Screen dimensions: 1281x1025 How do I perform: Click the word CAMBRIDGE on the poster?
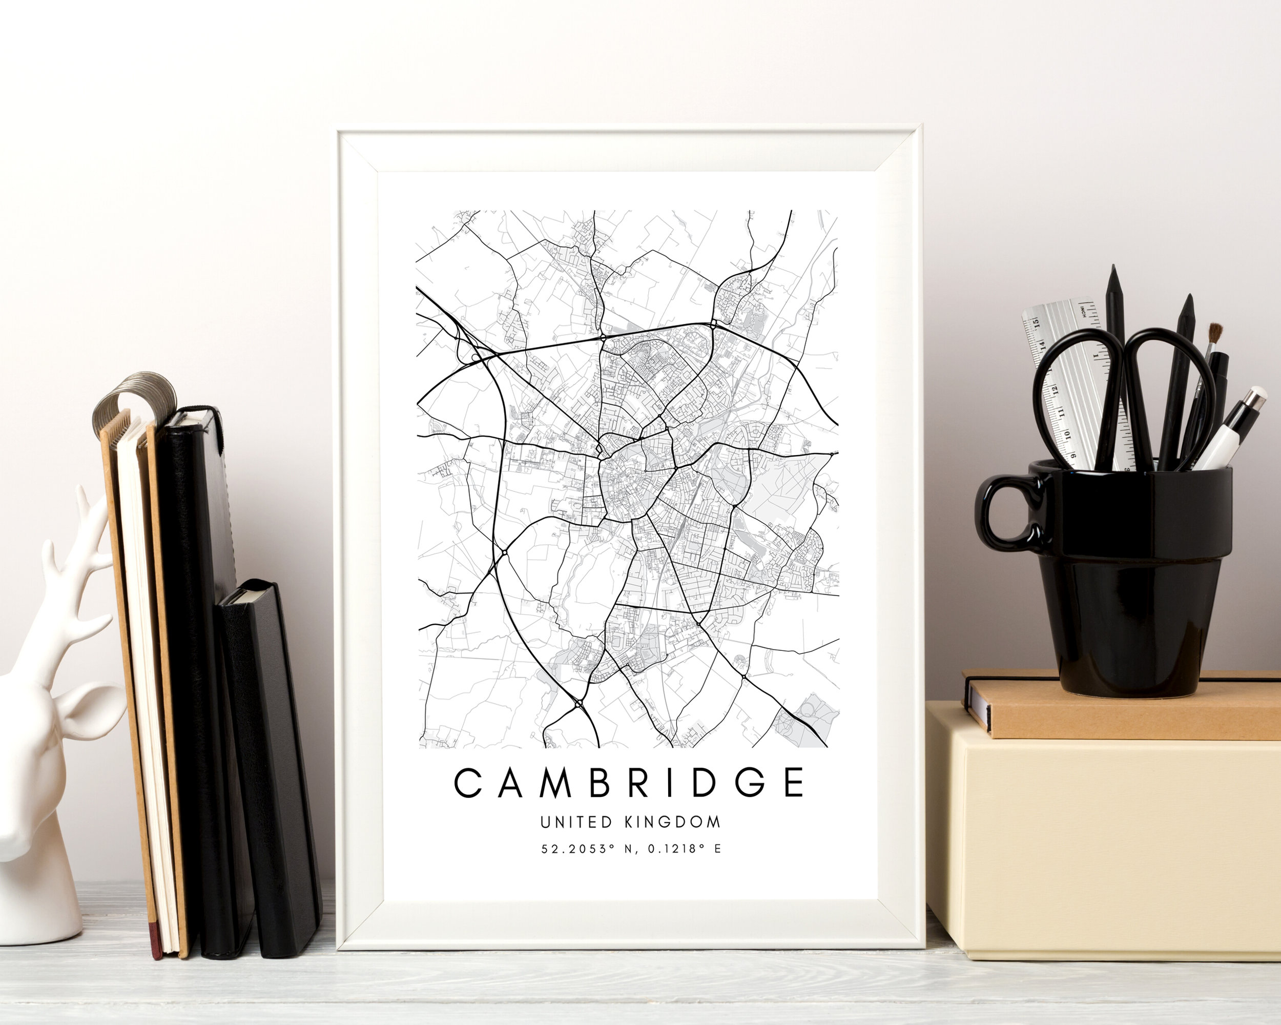(x=629, y=783)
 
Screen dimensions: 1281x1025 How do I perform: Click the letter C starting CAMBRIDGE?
(x=468, y=783)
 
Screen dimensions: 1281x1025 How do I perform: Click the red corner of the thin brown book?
(x=156, y=944)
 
